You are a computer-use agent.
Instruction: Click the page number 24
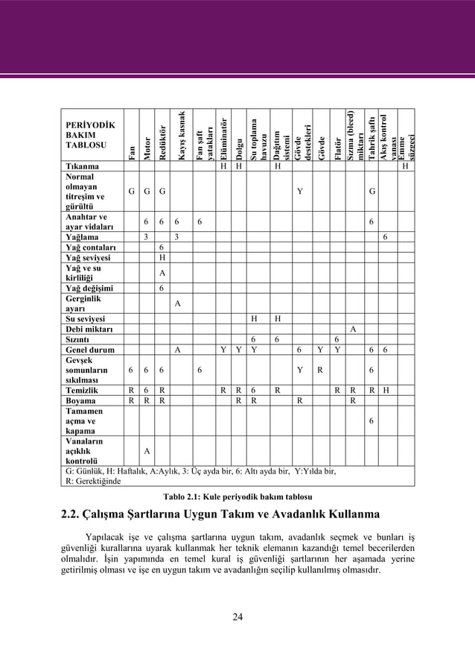pyautogui.click(x=238, y=616)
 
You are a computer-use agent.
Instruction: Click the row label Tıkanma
pyautogui.click(x=80, y=166)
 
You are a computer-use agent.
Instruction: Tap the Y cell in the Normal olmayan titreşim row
pyautogui.click(x=299, y=191)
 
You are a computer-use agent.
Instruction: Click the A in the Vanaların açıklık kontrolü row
pyautogui.click(x=147, y=450)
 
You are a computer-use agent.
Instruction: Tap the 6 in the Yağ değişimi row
pyautogui.click(x=162, y=289)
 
